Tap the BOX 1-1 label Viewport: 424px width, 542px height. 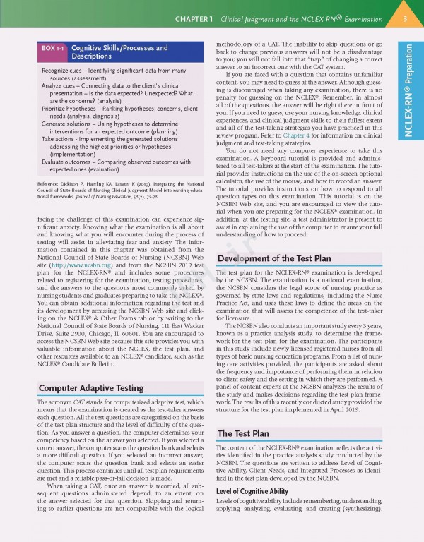[50, 48]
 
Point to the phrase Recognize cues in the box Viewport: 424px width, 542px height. [64, 71]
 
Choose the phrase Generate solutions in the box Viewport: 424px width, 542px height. [69, 124]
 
